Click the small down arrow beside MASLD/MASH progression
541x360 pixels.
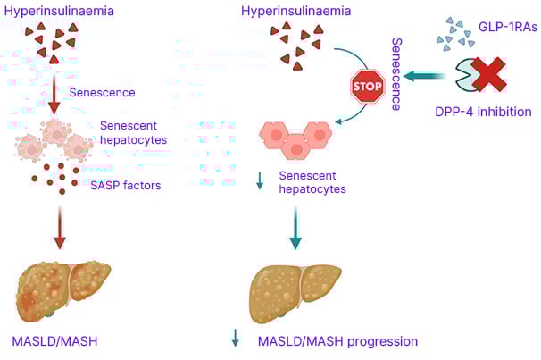point(236,338)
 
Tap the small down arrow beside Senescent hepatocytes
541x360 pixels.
point(261,183)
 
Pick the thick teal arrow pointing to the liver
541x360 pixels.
point(295,228)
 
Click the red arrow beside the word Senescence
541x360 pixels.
point(55,92)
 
